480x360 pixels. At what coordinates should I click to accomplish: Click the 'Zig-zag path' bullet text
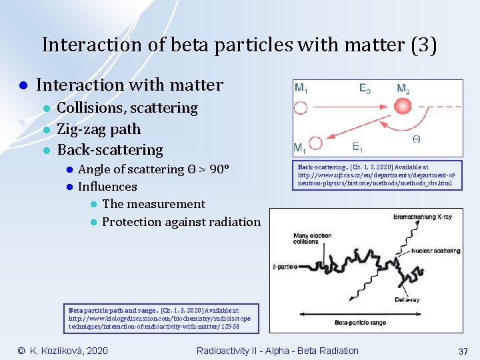point(99,129)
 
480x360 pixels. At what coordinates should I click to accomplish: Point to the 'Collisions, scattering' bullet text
point(127,108)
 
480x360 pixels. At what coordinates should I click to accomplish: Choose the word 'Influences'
point(107,187)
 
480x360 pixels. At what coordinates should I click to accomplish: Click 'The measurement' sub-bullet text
point(154,204)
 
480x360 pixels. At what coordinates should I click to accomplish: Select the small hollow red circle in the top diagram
point(315,142)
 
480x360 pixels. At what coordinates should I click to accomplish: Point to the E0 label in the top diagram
point(365,89)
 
